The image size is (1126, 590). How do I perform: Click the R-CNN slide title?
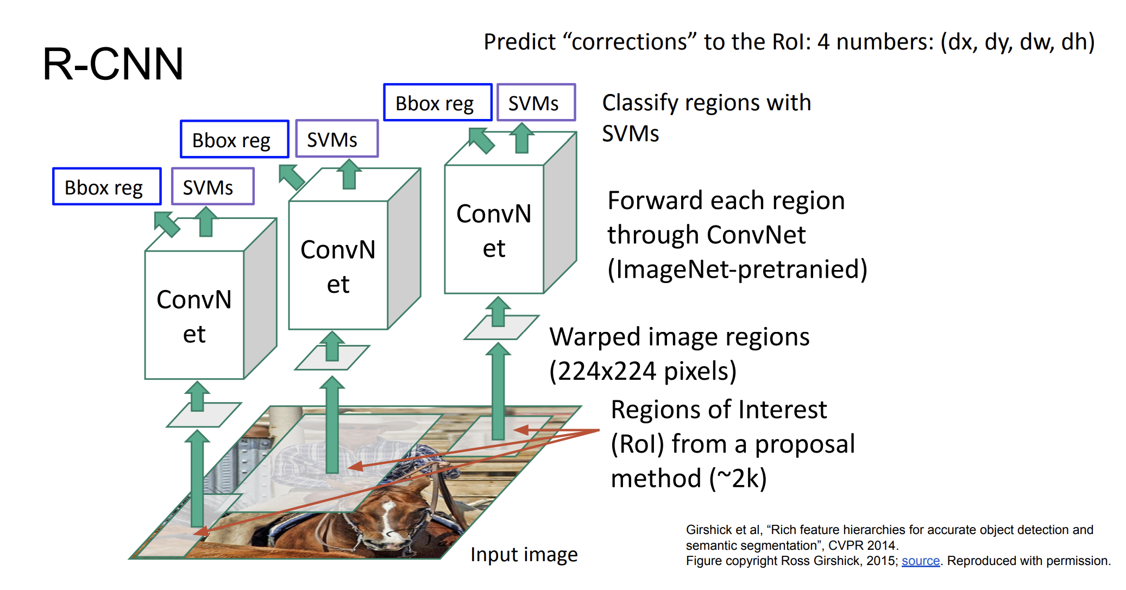(x=113, y=64)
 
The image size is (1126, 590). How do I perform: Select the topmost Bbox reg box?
(x=438, y=102)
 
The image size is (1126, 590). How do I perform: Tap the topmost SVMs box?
(x=536, y=102)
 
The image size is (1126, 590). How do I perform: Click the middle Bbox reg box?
(x=235, y=139)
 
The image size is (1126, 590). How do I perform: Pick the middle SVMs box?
(x=337, y=139)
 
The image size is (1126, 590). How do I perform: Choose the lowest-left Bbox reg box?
(x=107, y=186)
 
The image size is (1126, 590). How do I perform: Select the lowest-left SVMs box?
(x=213, y=186)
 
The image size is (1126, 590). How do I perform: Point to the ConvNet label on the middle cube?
(x=338, y=266)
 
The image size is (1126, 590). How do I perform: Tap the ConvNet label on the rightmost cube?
(x=494, y=230)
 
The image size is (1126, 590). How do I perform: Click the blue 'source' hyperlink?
(x=921, y=561)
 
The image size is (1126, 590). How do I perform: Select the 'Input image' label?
(x=524, y=555)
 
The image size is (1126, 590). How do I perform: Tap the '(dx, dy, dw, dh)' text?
(x=1018, y=42)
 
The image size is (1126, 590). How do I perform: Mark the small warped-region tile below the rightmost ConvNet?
(x=501, y=328)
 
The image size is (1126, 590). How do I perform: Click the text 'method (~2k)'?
(x=689, y=479)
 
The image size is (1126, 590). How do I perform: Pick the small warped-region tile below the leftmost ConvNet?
(x=204, y=415)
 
